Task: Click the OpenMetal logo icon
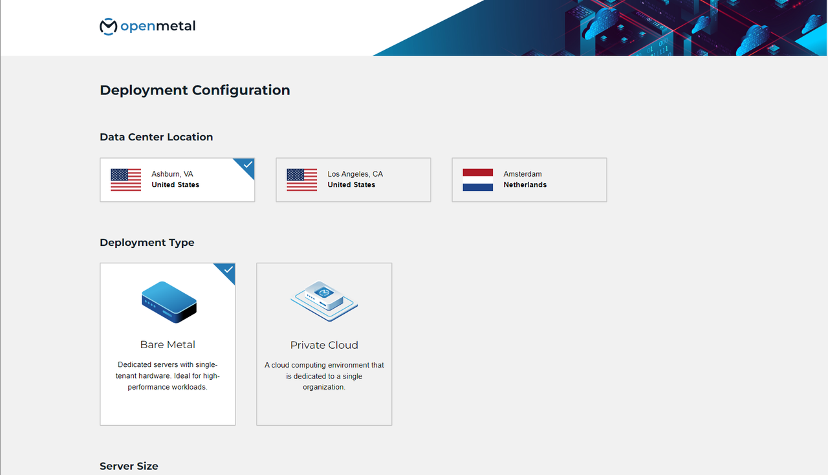click(x=108, y=27)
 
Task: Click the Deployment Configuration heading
click(x=195, y=90)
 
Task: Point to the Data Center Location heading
click(x=156, y=137)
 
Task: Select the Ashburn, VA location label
click(x=172, y=174)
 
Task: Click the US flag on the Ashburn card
click(x=125, y=180)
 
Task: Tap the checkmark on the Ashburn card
click(x=247, y=165)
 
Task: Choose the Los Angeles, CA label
click(x=355, y=174)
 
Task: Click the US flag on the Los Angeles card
click(x=301, y=180)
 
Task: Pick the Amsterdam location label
click(x=523, y=174)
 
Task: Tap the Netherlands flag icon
click(x=477, y=180)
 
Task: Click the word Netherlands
click(x=525, y=185)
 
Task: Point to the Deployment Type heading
click(x=147, y=243)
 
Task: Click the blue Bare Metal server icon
click(x=168, y=302)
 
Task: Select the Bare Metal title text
click(x=168, y=345)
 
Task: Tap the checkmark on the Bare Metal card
click(x=228, y=270)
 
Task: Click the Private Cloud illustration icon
click(x=324, y=301)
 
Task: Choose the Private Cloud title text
click(x=324, y=346)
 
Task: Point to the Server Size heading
click(x=129, y=466)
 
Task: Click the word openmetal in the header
click(x=158, y=27)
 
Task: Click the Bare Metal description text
click(x=168, y=376)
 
